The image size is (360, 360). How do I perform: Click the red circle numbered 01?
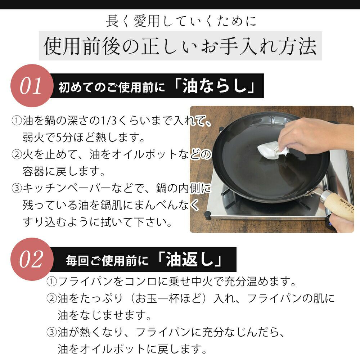32,86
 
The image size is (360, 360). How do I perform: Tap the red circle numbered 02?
32,259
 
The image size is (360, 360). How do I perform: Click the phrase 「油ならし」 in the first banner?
215,86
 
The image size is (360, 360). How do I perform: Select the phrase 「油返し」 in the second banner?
190,260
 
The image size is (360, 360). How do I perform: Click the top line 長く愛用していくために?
181,21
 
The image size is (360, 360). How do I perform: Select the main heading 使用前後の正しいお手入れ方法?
180,46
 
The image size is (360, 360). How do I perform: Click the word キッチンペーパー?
67,188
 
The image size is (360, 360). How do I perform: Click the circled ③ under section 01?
17,188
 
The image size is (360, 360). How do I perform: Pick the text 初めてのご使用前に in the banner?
112,87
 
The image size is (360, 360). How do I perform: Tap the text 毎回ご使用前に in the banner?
107,261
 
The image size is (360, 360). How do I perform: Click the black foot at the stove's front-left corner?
208,216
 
